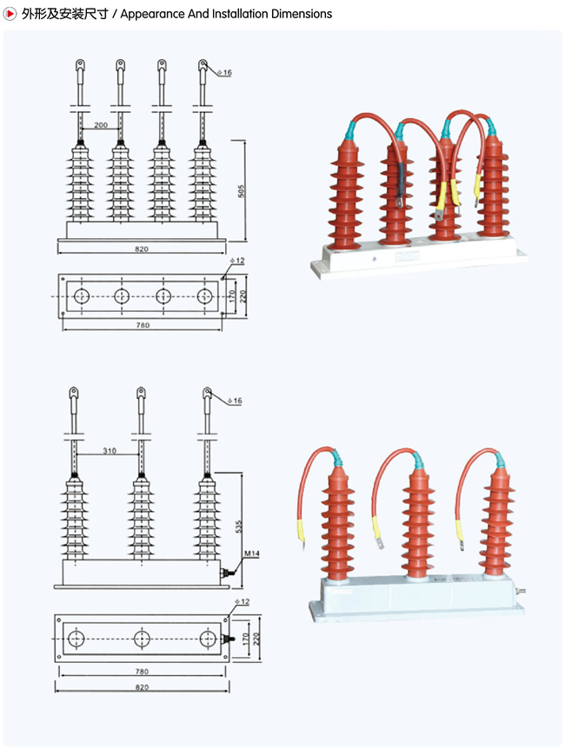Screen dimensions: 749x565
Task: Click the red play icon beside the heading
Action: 11,13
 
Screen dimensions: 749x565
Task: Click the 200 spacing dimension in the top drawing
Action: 101,126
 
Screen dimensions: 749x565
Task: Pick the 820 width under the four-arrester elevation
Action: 142,249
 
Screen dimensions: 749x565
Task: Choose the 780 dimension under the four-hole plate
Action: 143,325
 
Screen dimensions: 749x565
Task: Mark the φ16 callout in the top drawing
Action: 224,73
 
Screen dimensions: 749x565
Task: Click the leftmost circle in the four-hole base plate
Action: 81,296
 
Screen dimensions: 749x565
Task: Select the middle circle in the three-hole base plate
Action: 142,639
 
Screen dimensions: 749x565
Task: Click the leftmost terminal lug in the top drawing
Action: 79,65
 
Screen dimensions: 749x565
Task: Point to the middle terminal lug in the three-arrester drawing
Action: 141,394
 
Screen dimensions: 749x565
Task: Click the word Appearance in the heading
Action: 151,14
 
